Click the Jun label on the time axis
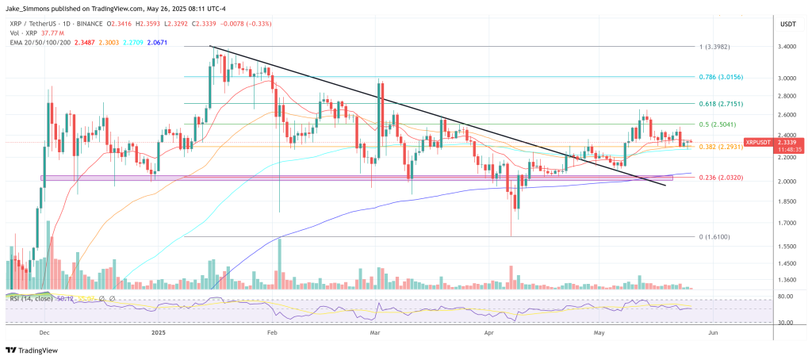[712, 334]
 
